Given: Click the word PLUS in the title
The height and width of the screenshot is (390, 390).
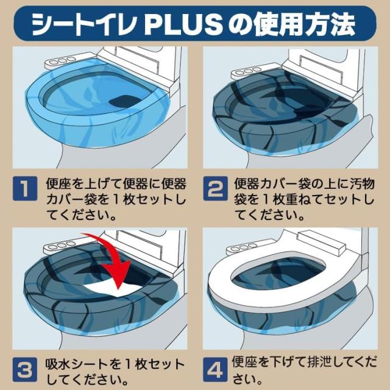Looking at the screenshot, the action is tap(183, 25).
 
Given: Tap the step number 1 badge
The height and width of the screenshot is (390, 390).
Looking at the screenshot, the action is tap(25, 188).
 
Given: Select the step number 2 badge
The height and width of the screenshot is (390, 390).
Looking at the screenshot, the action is tap(215, 188).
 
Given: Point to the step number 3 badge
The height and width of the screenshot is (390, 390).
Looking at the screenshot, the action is tap(25, 370).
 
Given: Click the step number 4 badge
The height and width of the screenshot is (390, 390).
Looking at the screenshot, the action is tap(215, 370).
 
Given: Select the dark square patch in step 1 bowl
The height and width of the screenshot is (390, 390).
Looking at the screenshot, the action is tap(125, 101).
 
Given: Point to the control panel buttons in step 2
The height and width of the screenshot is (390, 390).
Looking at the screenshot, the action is tap(248, 71).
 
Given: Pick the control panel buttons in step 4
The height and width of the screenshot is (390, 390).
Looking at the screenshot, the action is tap(243, 247).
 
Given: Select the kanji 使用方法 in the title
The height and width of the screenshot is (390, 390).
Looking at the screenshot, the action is tap(305, 25).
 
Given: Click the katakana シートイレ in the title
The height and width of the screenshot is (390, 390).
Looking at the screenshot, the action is tap(84, 25).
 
